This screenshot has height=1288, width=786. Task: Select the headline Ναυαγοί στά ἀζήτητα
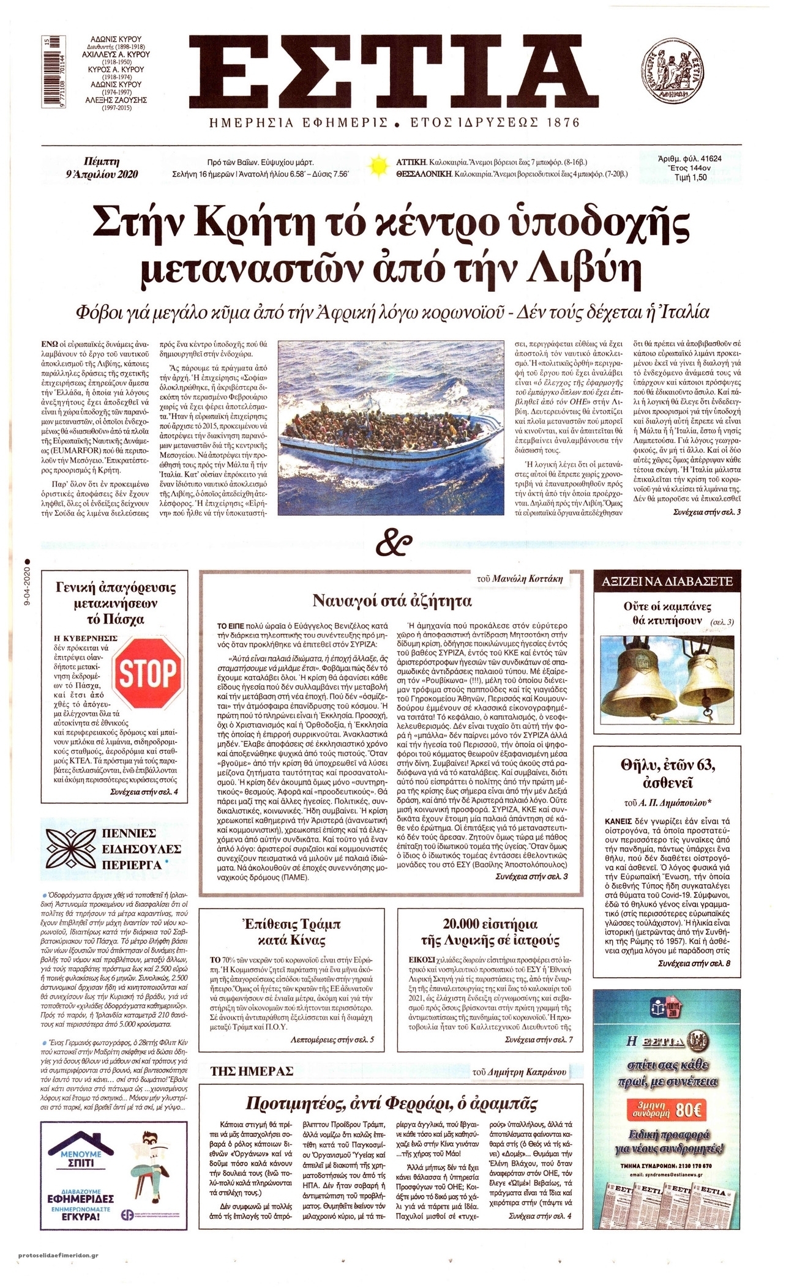point(392,600)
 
